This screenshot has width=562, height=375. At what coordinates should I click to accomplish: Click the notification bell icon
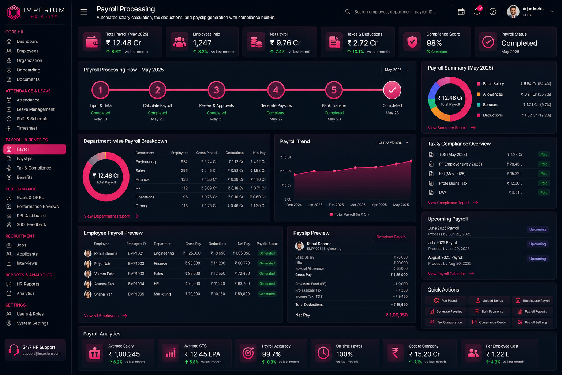pyautogui.click(x=477, y=12)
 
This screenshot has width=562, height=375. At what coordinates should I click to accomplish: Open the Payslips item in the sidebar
pyautogui.click(x=25, y=159)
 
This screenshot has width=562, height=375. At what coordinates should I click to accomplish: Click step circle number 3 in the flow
pyautogui.click(x=216, y=90)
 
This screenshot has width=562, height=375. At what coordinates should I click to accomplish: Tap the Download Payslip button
pyautogui.click(x=391, y=237)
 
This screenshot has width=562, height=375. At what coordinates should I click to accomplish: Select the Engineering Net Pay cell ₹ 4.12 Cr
pyautogui.click(x=258, y=162)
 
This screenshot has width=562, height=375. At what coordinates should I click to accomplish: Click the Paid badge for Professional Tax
pyautogui.click(x=544, y=183)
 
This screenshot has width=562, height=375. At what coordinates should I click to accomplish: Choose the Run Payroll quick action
pyautogui.click(x=446, y=301)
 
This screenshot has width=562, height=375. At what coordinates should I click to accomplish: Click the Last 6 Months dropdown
pyautogui.click(x=393, y=142)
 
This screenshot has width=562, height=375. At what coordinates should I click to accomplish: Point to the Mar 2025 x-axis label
pyautogui.click(x=357, y=205)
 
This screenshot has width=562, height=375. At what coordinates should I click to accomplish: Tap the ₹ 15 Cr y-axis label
pyautogui.click(x=285, y=157)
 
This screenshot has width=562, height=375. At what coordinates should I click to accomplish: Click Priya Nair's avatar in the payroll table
pyautogui.click(x=87, y=263)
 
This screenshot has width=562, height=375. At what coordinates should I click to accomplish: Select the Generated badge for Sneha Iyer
pyautogui.click(x=267, y=294)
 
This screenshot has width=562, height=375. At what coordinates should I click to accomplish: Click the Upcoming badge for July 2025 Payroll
pyautogui.click(x=537, y=244)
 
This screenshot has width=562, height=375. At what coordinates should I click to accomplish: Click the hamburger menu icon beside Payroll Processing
pyautogui.click(x=83, y=12)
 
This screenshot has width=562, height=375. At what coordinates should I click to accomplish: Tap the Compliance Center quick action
pyautogui.click(x=489, y=322)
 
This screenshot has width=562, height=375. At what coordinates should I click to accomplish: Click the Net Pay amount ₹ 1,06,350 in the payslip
pyautogui.click(x=396, y=315)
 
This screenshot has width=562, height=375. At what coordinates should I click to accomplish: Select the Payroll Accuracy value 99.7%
pyautogui.click(x=271, y=354)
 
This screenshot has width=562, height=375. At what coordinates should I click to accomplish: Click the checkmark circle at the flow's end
pyautogui.click(x=392, y=90)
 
